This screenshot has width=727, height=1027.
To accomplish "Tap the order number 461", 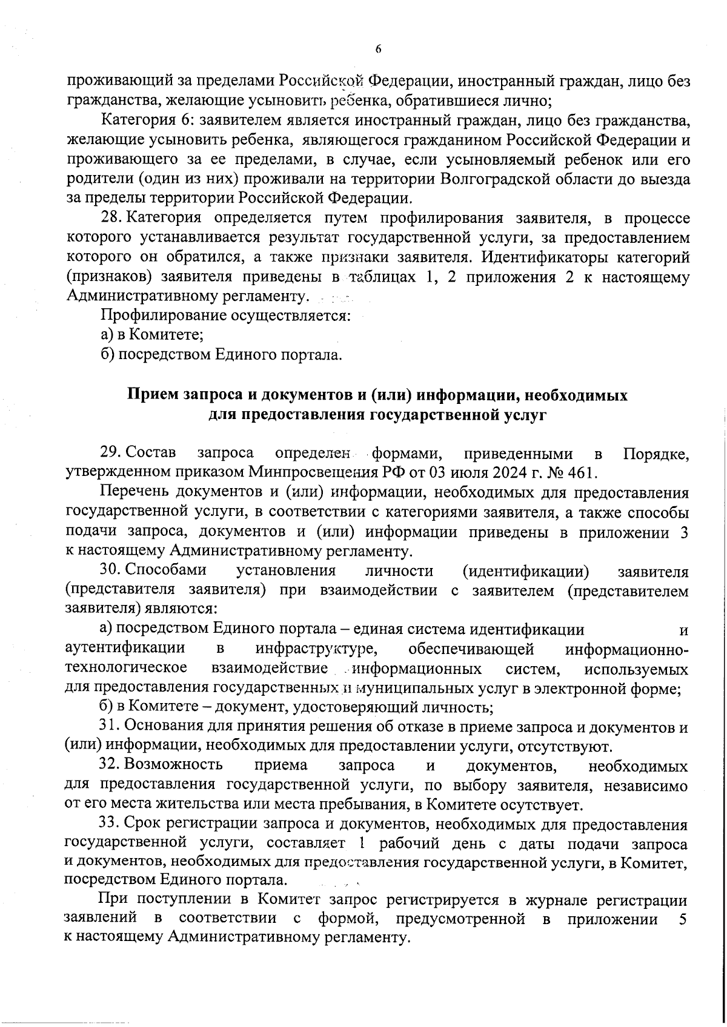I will (x=583, y=472).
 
